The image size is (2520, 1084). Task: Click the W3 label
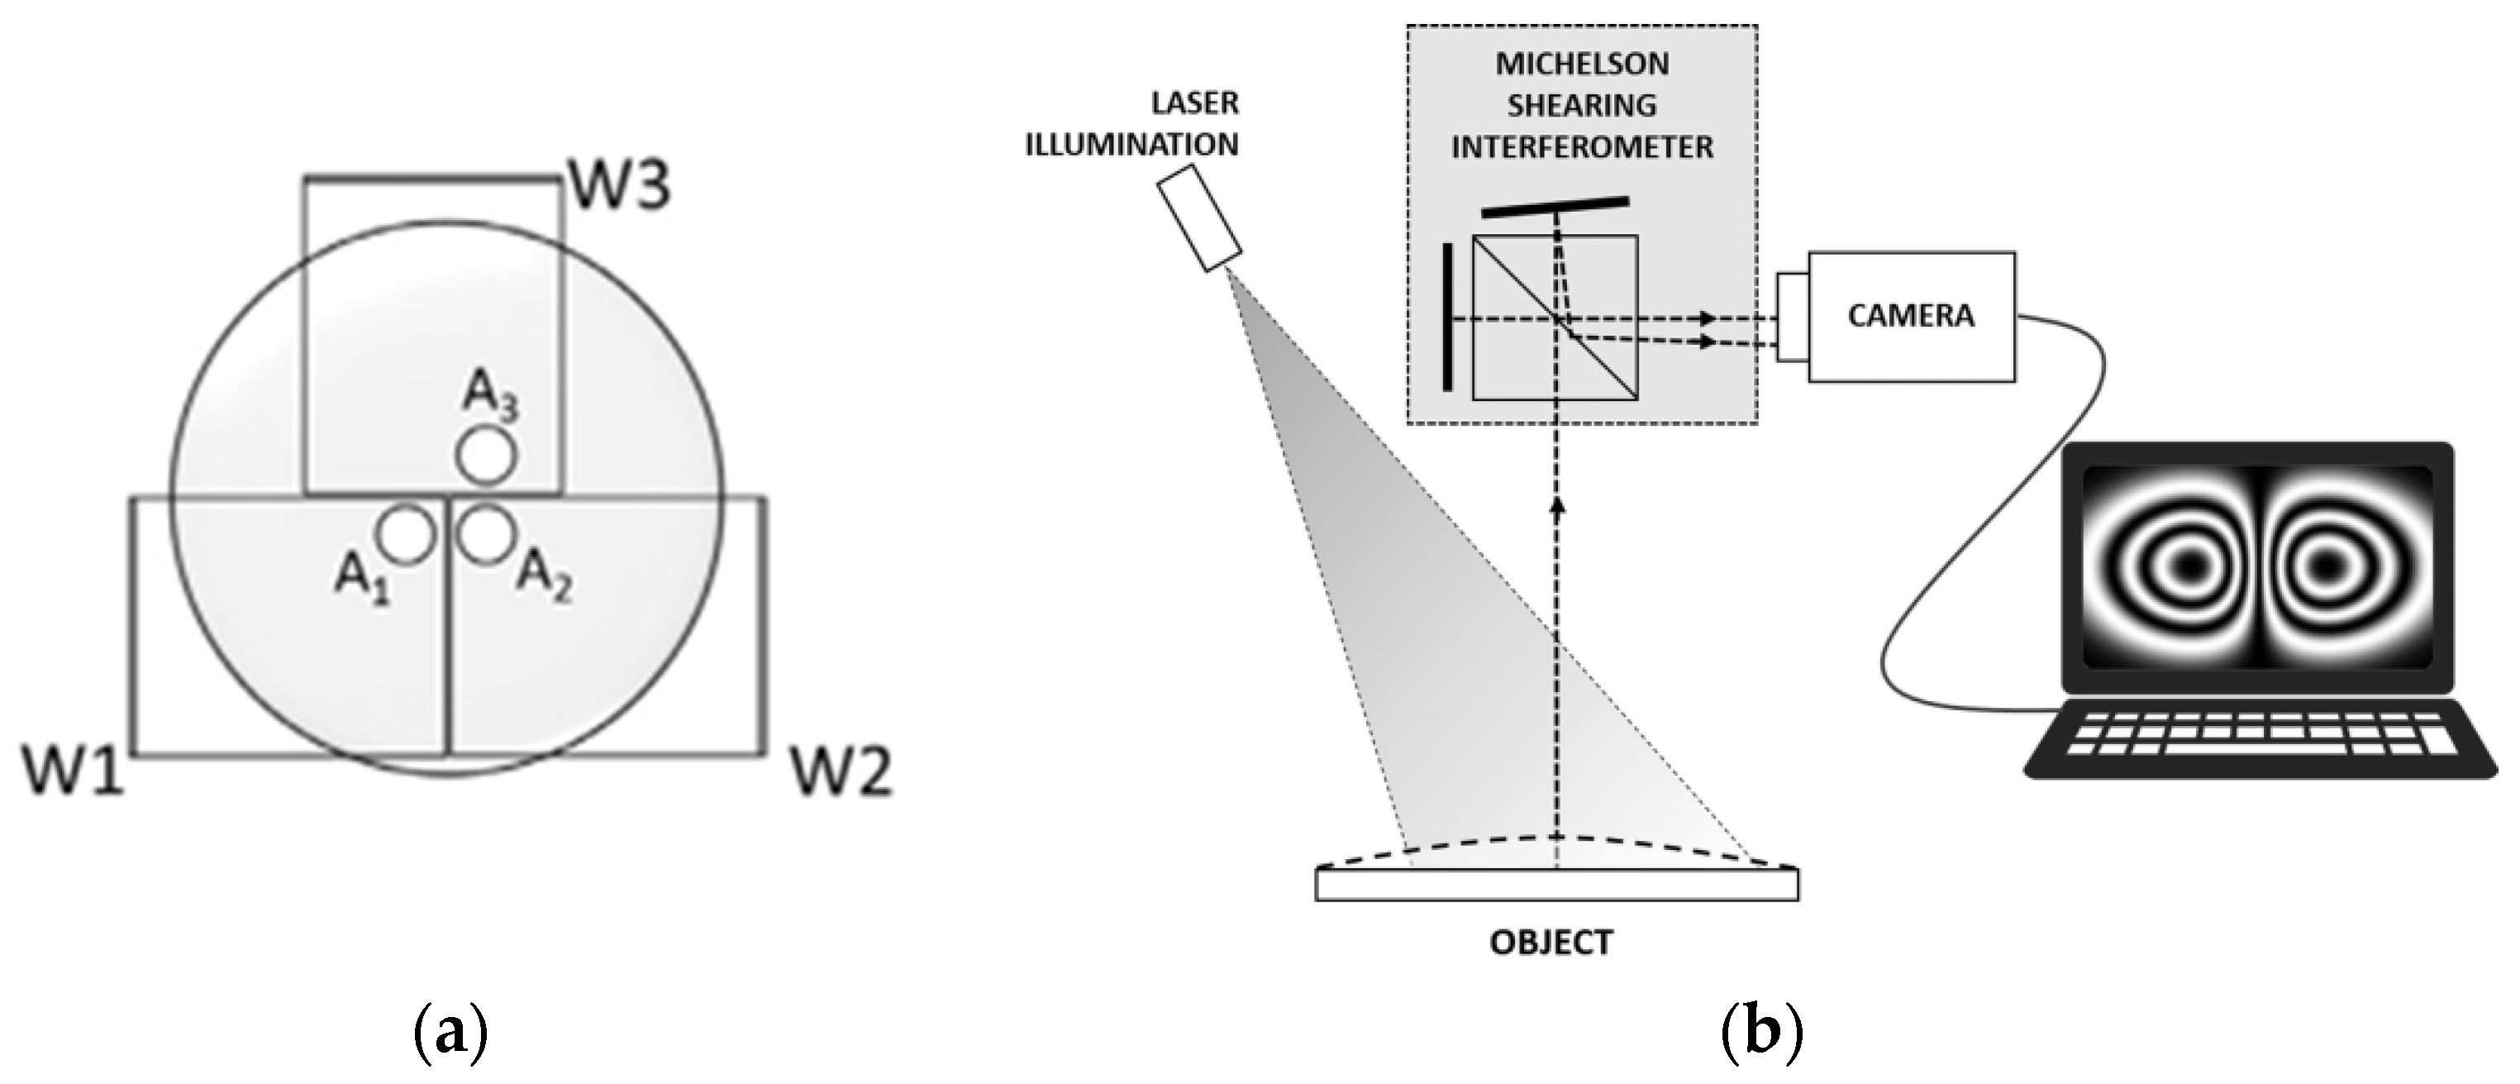619,186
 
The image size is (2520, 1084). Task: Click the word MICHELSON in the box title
1582,64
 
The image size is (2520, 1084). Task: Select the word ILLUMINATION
1131,145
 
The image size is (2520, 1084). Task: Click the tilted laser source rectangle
1200,217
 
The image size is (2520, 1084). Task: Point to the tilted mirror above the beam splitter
1555,208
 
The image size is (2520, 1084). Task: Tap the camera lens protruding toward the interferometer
1792,317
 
